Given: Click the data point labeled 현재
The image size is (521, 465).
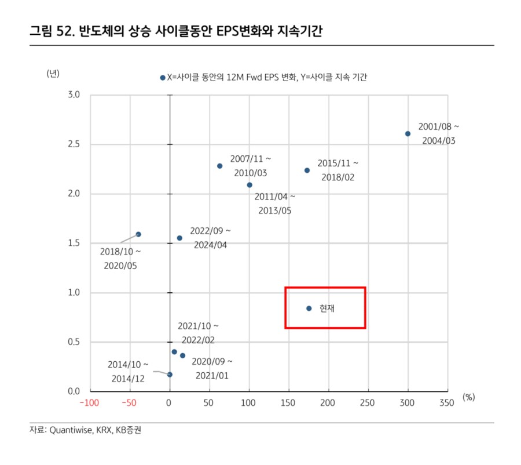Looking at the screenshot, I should point(309,308).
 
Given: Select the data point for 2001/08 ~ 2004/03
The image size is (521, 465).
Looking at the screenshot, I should point(408,134).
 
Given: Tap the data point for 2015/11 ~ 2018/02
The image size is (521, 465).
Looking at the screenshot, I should point(307,170).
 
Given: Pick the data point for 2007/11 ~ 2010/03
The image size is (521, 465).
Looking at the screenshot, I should point(220,166).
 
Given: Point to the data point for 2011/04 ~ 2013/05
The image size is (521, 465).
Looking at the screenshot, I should point(250,185).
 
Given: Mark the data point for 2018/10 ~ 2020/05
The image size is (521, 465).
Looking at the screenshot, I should point(138,234).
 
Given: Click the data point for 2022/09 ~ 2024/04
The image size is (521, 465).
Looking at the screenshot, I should point(179,238).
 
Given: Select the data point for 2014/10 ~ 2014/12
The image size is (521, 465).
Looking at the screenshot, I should point(170,375).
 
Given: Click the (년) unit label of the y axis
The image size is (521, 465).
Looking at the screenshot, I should point(53,73).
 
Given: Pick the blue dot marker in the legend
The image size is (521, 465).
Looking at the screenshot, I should point(163,77).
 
